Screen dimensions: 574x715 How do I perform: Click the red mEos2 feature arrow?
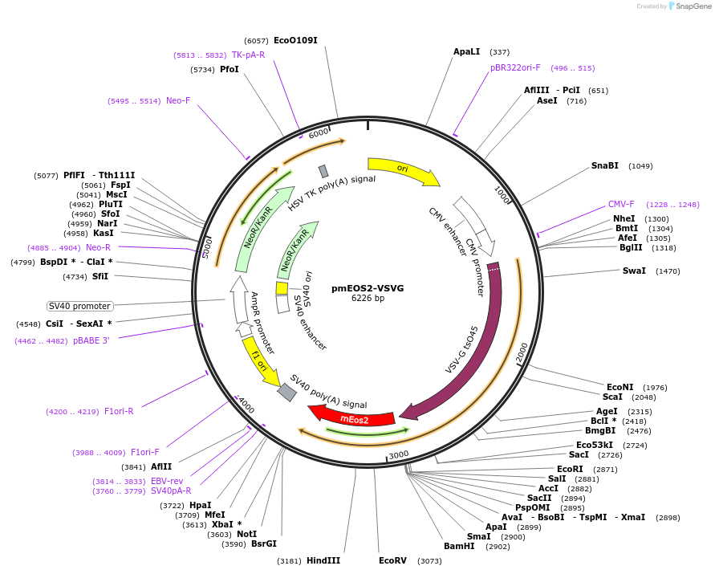pyautogui.click(x=353, y=417)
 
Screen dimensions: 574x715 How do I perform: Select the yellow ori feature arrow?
pyautogui.click(x=401, y=170)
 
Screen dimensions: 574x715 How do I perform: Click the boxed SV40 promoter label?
pyautogui.click(x=79, y=306)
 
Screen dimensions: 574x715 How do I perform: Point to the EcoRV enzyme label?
pyautogui.click(x=393, y=561)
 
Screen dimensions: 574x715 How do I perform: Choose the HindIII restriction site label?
pyautogui.click(x=323, y=561)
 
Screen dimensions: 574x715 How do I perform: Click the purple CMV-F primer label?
pyautogui.click(x=621, y=204)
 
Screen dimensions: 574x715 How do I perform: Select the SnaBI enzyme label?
pyautogui.click(x=605, y=165)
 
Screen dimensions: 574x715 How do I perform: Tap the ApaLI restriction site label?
pyautogui.click(x=466, y=51)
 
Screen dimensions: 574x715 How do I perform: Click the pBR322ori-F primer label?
pyautogui.click(x=515, y=68)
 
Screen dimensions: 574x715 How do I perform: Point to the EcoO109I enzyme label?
pyautogui.click(x=295, y=40)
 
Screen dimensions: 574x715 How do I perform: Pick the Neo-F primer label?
pyautogui.click(x=178, y=100)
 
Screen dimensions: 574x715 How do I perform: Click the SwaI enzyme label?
pyautogui.click(x=634, y=271)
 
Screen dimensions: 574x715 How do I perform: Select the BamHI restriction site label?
pyautogui.click(x=459, y=546)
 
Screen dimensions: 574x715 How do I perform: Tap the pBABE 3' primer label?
pyautogui.click(x=91, y=340)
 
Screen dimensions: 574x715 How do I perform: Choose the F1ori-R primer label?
pyautogui.click(x=119, y=411)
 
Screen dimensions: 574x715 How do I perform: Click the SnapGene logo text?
pyautogui.click(x=694, y=6)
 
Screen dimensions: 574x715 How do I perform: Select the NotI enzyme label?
pyautogui.click(x=246, y=534)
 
